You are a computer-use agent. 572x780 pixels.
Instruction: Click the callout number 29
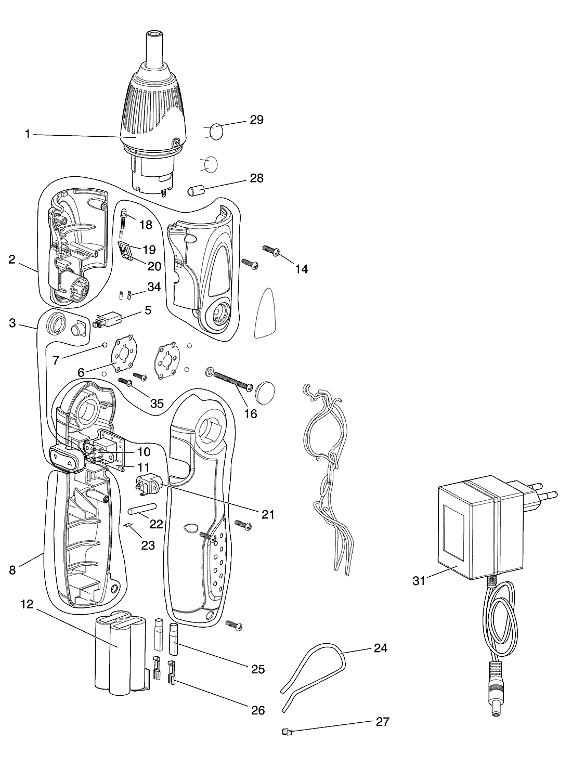tap(256, 120)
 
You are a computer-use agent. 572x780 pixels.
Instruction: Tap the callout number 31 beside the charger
tap(419, 581)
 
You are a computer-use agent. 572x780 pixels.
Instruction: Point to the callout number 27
tap(382, 722)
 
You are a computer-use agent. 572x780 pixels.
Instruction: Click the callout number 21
tap(268, 514)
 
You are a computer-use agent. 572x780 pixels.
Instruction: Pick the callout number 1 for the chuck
tap(28, 134)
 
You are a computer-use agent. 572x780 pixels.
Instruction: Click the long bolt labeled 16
tap(232, 381)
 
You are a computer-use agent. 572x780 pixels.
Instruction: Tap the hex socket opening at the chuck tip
tap(154, 34)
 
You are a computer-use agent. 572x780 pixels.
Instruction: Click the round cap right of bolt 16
tap(266, 393)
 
